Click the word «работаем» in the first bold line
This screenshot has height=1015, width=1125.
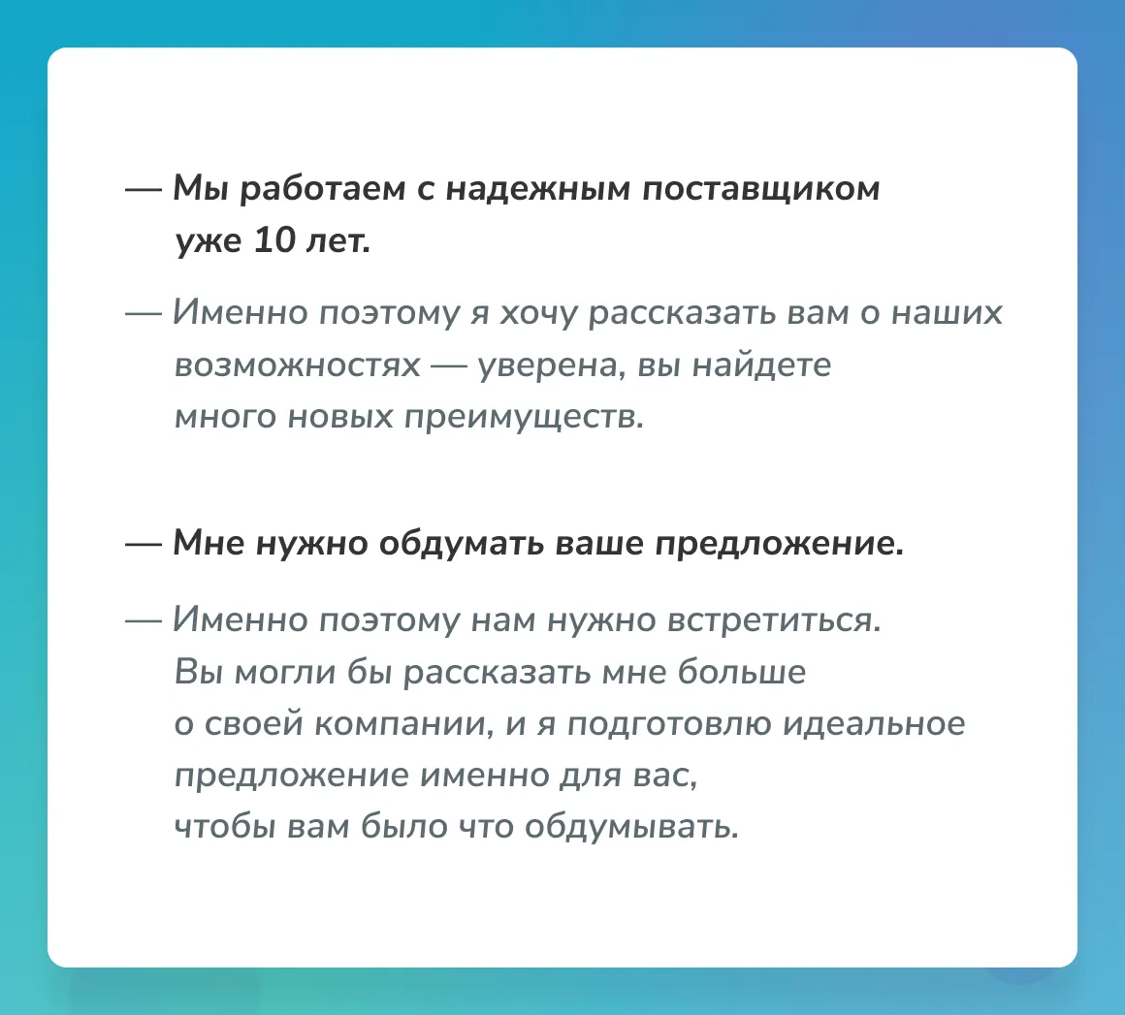(322, 190)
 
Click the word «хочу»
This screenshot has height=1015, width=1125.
(537, 314)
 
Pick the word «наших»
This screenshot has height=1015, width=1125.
(947, 314)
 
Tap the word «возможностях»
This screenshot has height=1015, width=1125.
(297, 365)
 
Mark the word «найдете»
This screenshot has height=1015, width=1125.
(761, 365)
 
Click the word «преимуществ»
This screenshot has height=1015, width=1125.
(524, 418)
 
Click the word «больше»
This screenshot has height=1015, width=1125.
(742, 672)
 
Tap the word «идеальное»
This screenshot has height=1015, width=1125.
(874, 724)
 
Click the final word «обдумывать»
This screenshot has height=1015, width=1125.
(631, 827)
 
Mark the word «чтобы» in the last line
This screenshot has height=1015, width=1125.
(225, 826)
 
